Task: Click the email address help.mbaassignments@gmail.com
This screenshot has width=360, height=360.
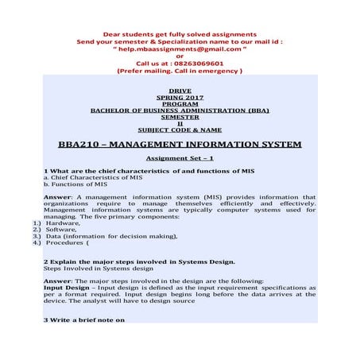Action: pyautogui.click(x=180, y=48)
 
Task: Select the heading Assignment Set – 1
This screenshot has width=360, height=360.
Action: pyautogui.click(x=180, y=158)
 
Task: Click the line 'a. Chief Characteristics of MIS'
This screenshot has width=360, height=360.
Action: pyautogui.click(x=95, y=176)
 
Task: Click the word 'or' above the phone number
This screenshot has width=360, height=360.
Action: pyautogui.click(x=180, y=56)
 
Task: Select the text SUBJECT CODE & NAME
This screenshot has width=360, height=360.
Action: pyautogui.click(x=180, y=130)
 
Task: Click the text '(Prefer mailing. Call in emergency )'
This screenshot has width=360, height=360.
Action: pyautogui.click(x=180, y=70)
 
